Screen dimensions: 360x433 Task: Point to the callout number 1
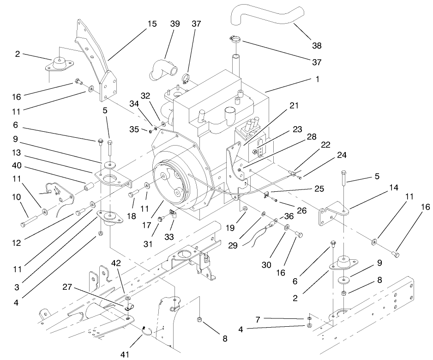(317, 79)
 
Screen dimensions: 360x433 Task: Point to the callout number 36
(289, 216)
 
